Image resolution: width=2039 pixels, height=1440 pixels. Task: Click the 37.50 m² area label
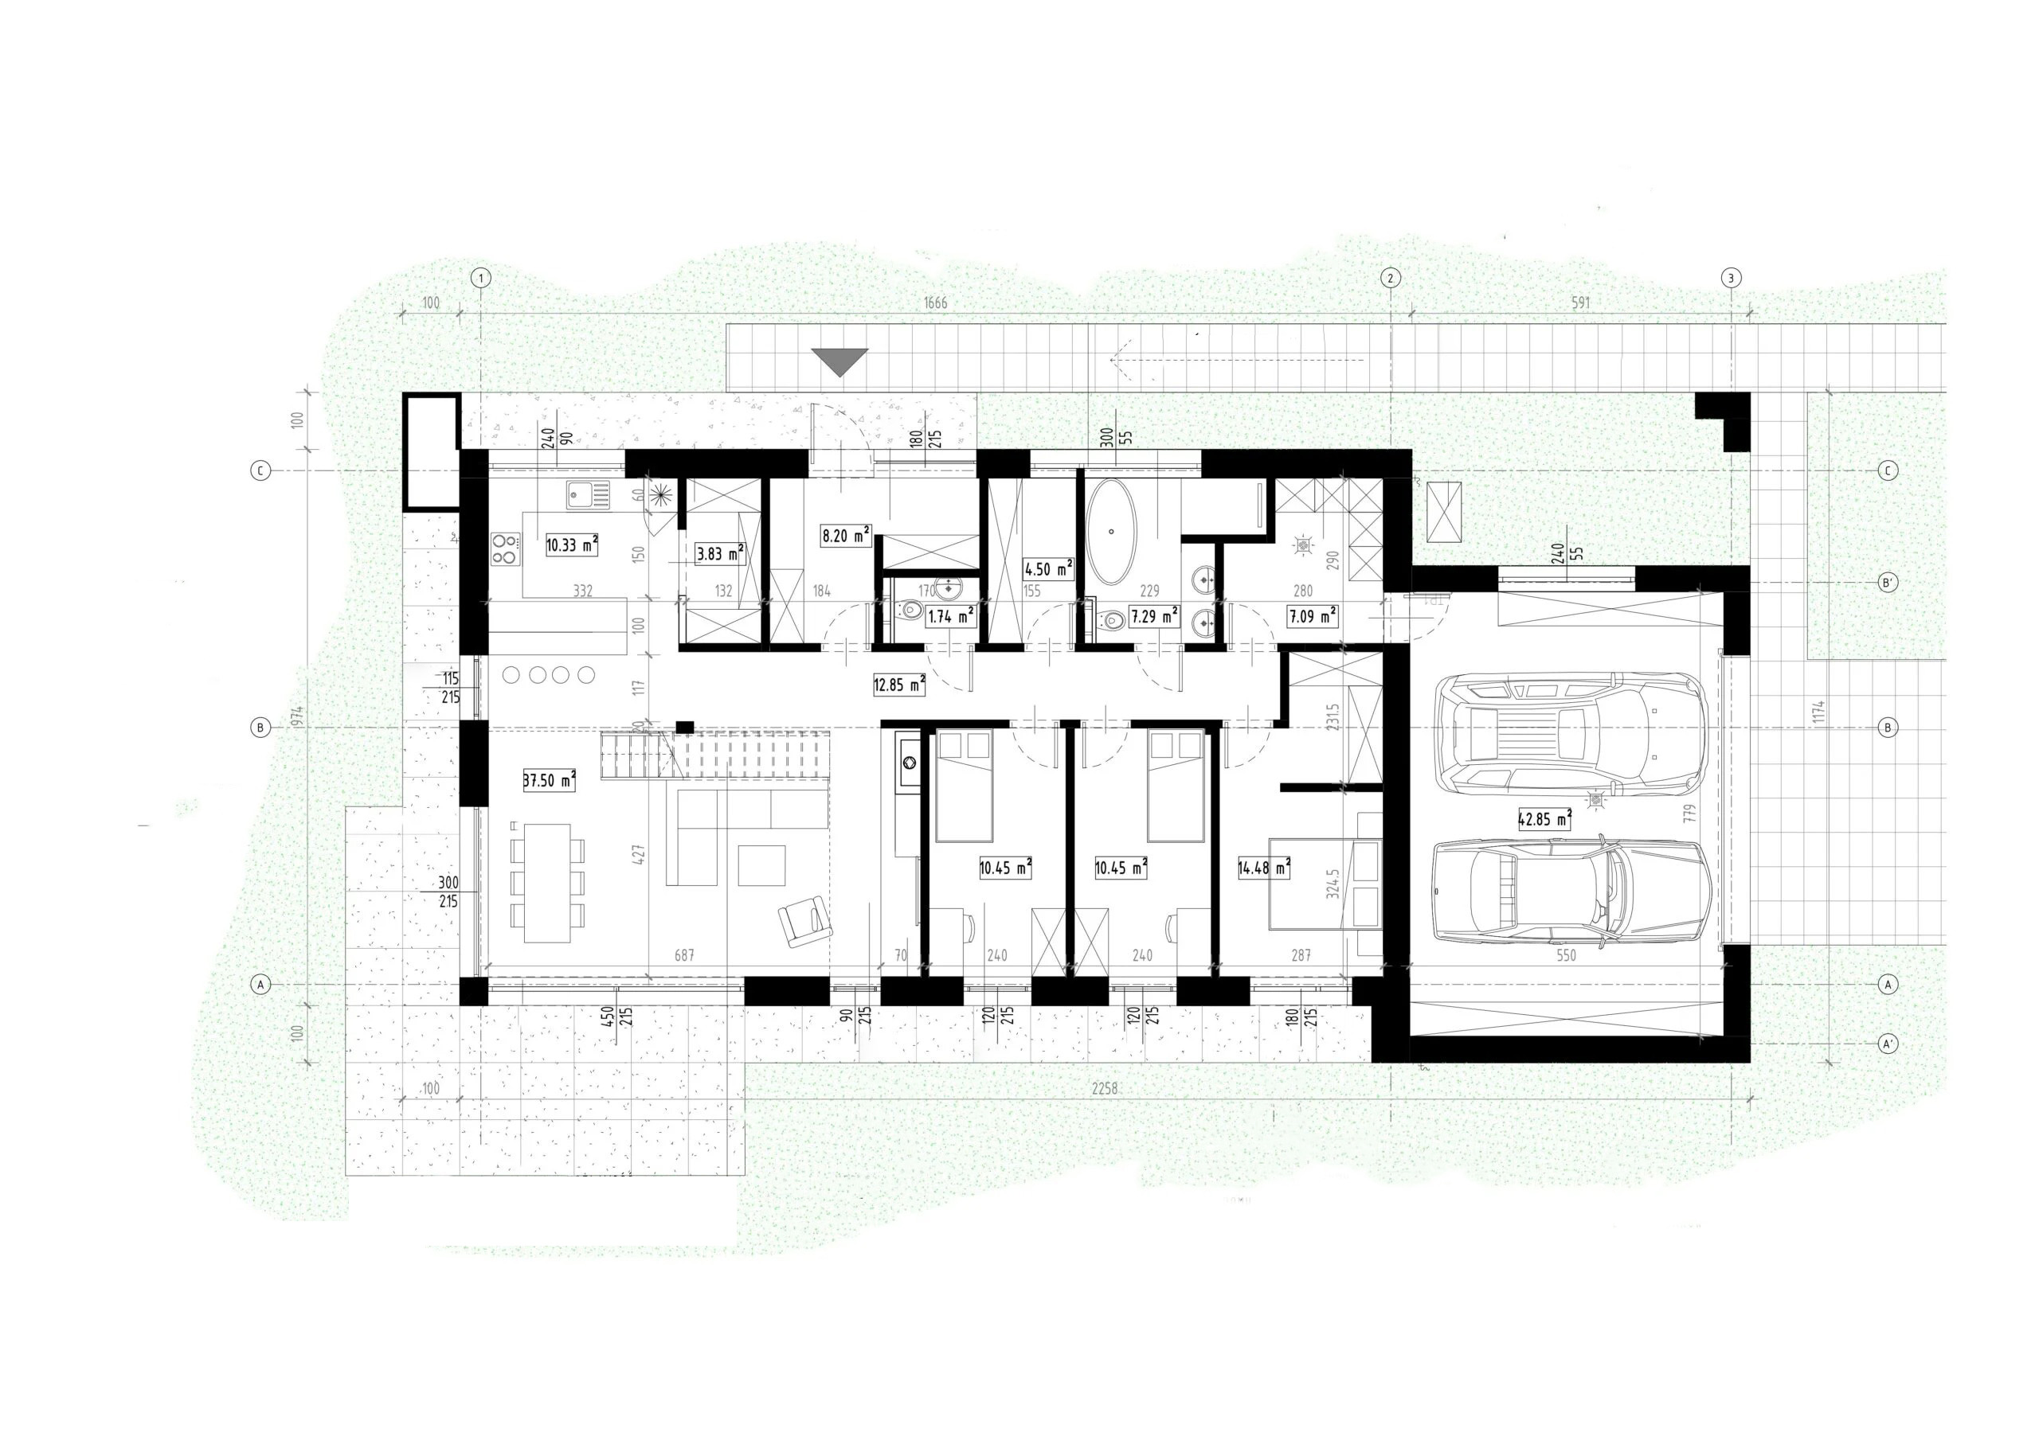(x=550, y=781)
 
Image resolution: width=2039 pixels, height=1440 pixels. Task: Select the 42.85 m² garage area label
(x=1544, y=819)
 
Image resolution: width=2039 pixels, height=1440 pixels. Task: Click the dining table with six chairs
(x=547, y=884)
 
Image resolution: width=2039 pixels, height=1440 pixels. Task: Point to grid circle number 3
(x=1731, y=277)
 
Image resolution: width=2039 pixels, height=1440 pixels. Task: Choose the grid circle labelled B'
(x=1888, y=583)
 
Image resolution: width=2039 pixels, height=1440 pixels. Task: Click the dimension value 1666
(x=935, y=302)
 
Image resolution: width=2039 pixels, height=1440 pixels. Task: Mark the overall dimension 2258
(x=1104, y=1089)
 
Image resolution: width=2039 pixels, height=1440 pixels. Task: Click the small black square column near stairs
(x=684, y=727)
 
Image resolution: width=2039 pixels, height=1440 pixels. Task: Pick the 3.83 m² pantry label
(x=719, y=554)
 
